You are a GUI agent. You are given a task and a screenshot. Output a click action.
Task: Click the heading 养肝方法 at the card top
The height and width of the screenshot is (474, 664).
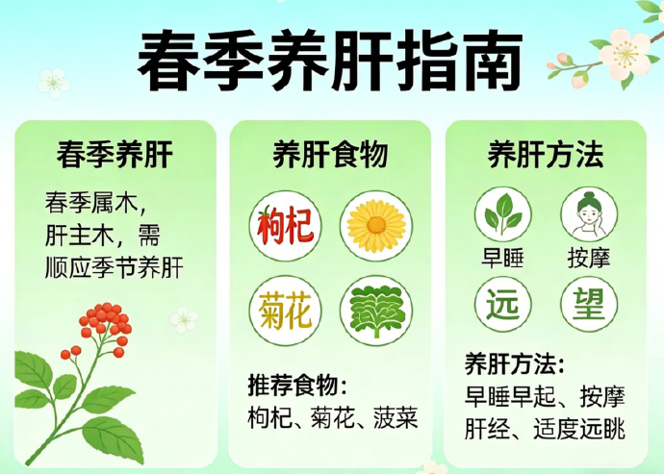[x=546, y=153]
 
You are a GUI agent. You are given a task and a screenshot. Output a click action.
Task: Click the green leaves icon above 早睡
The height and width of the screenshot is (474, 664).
[x=503, y=215]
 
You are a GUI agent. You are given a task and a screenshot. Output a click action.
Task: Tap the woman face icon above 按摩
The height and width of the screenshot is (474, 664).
[x=588, y=215]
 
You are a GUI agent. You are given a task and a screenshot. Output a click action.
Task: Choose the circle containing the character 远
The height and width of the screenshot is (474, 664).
[x=503, y=303]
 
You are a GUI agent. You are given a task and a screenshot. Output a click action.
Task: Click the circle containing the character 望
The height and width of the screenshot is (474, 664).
[x=588, y=303]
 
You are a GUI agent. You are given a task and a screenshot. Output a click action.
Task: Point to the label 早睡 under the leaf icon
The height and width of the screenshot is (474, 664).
[x=503, y=258]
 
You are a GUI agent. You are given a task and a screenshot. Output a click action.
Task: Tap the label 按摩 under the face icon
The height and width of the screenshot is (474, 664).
[x=588, y=258]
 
